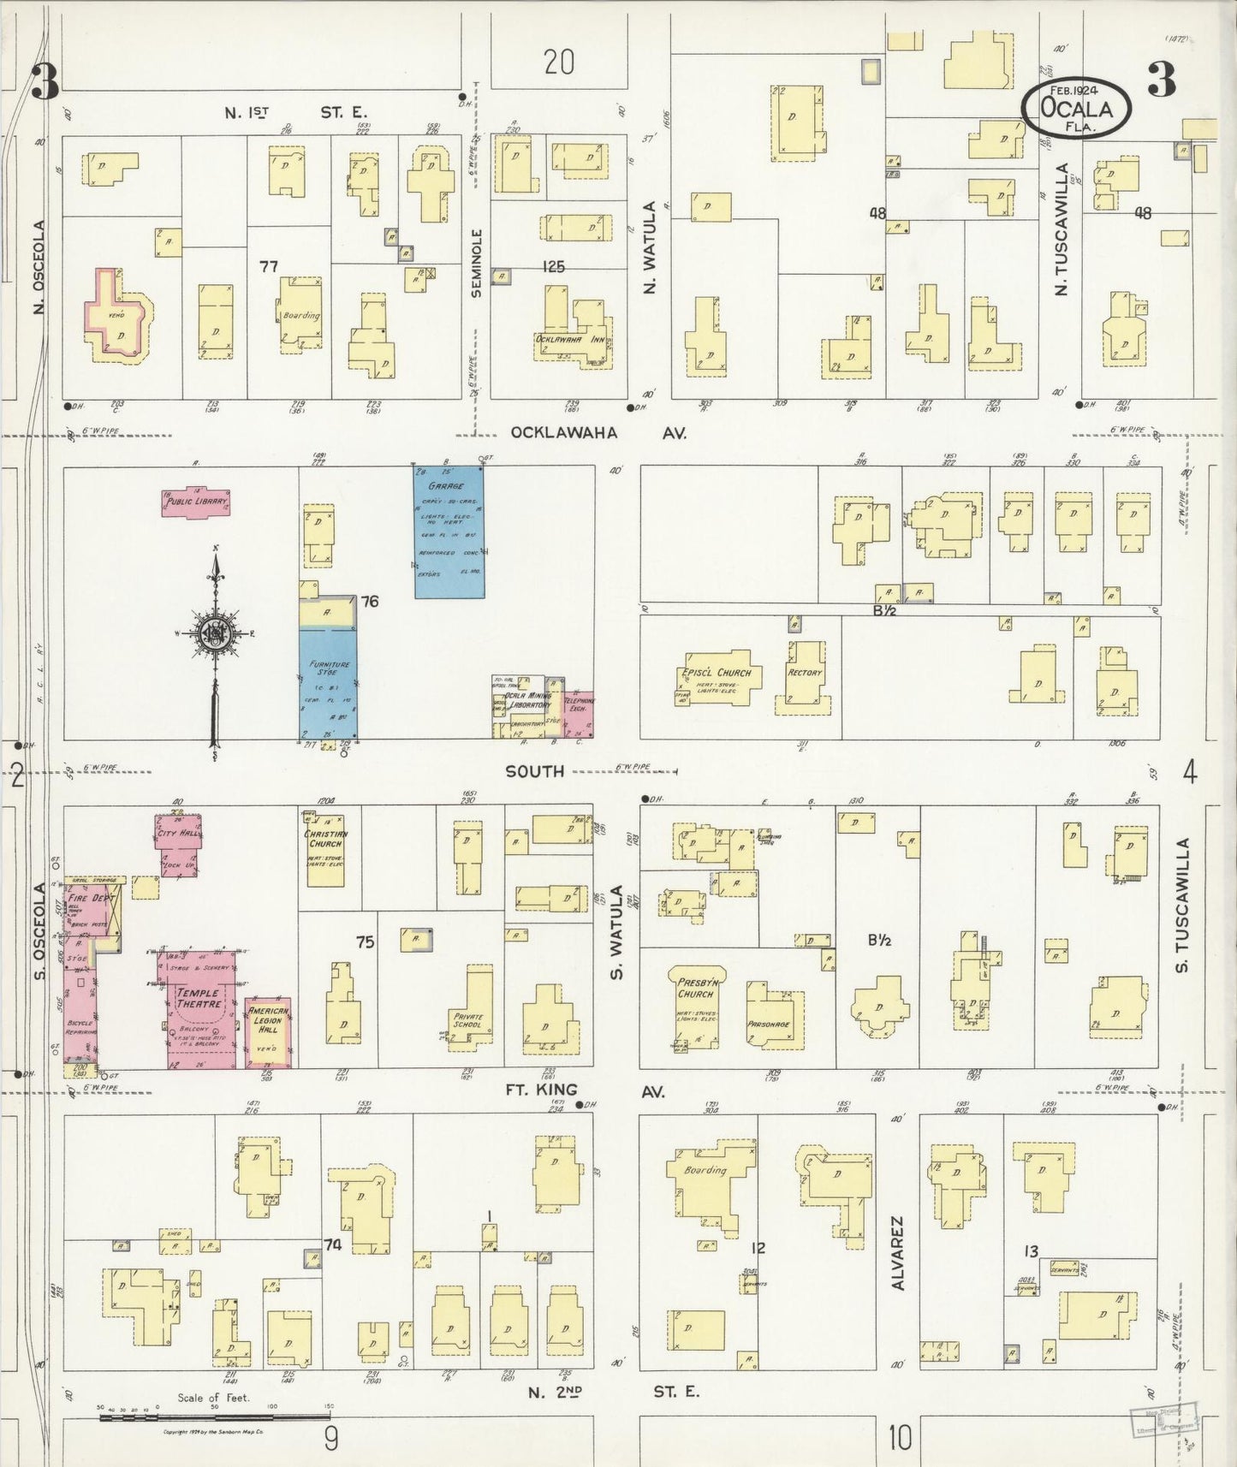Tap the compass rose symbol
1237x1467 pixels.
point(214,633)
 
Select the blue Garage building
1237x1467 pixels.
point(449,532)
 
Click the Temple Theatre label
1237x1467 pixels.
point(199,998)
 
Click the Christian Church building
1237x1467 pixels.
point(325,846)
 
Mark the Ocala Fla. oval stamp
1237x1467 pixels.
point(1076,109)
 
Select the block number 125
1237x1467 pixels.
point(553,267)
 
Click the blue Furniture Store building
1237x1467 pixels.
point(328,685)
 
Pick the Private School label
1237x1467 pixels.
point(468,1021)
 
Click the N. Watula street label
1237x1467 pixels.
point(650,248)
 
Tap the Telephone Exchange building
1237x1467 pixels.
point(580,712)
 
